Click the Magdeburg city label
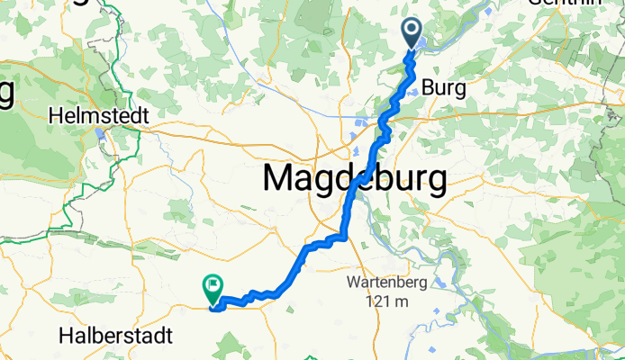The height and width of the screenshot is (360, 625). (x=354, y=180)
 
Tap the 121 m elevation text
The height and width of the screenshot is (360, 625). (x=384, y=301)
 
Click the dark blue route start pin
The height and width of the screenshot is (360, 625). (x=412, y=32)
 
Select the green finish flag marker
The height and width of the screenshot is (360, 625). (x=213, y=287)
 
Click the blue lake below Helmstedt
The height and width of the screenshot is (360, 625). (x=97, y=138)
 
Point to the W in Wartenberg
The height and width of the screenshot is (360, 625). (x=354, y=283)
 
